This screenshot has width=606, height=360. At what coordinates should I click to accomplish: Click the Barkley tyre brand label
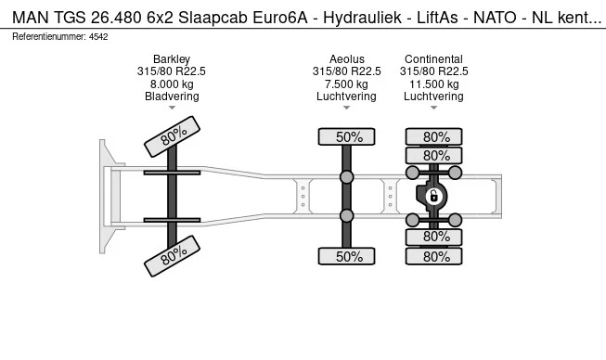point(172,59)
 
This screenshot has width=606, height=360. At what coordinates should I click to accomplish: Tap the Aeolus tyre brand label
point(347,59)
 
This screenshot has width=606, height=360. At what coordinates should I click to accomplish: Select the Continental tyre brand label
point(433,59)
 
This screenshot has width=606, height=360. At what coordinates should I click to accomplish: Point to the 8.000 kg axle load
point(172,84)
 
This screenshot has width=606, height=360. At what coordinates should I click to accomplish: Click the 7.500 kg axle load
point(347,84)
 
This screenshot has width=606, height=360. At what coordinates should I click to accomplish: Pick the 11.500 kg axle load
point(433,84)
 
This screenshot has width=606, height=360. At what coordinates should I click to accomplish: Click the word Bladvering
point(172,96)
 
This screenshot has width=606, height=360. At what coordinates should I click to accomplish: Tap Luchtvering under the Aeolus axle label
point(347,96)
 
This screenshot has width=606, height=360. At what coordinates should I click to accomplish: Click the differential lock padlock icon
point(433,196)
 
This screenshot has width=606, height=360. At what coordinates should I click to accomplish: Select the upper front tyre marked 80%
point(172,136)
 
